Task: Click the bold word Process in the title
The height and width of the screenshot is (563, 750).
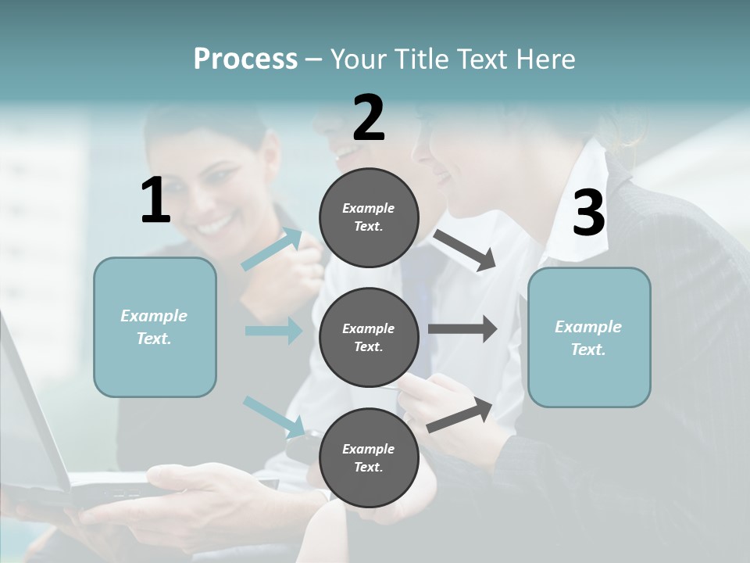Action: pyautogui.click(x=245, y=59)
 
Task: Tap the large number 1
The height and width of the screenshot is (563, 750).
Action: pyautogui.click(x=155, y=200)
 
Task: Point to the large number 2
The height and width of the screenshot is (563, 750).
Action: pyautogui.click(x=369, y=117)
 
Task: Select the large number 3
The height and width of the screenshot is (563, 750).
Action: pyautogui.click(x=589, y=213)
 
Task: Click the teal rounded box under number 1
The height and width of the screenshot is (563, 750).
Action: pyautogui.click(x=155, y=327)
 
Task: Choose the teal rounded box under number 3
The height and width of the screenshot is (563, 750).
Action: pyautogui.click(x=589, y=337)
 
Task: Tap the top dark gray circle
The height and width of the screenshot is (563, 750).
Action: pyautogui.click(x=369, y=217)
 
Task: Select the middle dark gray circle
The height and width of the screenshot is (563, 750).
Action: pyautogui.click(x=369, y=337)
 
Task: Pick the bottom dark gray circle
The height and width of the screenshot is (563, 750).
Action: pyautogui.click(x=369, y=457)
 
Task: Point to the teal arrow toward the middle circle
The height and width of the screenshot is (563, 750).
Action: pyautogui.click(x=273, y=331)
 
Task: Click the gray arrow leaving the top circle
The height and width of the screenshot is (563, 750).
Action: pyautogui.click(x=465, y=250)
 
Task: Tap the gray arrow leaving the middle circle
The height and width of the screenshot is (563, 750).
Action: pyautogui.click(x=462, y=329)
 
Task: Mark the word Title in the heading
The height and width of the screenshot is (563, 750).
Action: pyautogui.click(x=424, y=59)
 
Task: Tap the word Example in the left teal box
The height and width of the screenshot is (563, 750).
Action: pyautogui.click(x=154, y=316)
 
